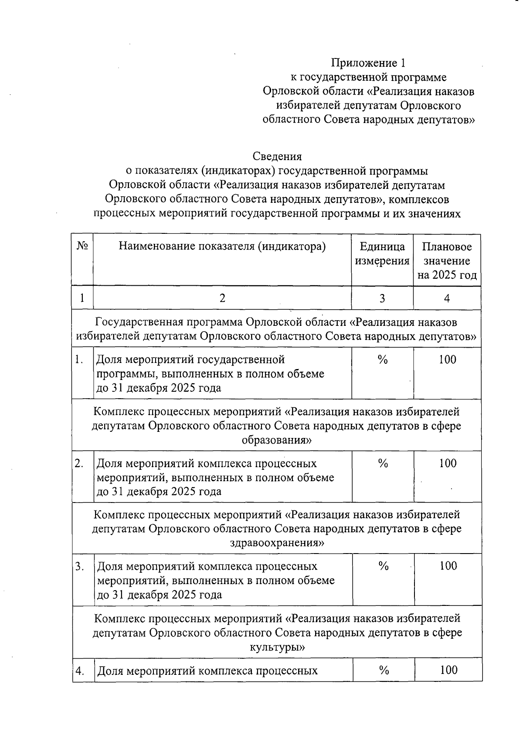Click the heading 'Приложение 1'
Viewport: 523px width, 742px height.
coord(368,63)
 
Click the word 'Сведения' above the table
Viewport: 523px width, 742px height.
coord(277,156)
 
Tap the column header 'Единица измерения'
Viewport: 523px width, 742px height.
coord(382,254)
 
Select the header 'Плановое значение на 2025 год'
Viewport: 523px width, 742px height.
coord(447,261)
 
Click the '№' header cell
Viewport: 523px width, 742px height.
coord(82,246)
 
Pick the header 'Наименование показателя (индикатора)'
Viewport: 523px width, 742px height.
coord(222,246)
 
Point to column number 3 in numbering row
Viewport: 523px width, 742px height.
coord(382,298)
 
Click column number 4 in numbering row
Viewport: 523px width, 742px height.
coord(447,298)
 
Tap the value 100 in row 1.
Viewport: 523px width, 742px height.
coord(448,360)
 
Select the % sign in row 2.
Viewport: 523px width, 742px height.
coord(383,463)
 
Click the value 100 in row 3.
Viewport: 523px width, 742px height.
coord(448,566)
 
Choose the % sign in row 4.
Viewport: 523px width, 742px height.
coord(384,670)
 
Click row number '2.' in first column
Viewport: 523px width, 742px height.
coord(79,464)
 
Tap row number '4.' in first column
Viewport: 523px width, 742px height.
coord(80,671)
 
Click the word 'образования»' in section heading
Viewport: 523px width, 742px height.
coord(277,440)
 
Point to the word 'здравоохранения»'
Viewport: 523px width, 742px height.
coord(277,544)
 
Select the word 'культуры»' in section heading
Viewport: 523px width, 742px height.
coord(277,647)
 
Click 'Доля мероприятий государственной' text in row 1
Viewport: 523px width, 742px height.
coord(190,360)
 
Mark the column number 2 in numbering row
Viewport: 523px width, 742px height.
coord(222,298)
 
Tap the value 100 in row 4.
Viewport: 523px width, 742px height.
coord(448,670)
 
